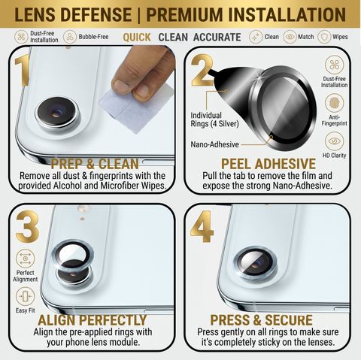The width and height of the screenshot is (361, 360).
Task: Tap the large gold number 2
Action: point(202,70)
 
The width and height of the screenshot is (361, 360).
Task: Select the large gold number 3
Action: point(28,226)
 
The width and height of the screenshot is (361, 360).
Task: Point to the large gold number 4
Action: point(202,226)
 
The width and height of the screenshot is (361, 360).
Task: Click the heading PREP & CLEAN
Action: point(95,164)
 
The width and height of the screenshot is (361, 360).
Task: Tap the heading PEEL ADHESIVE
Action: point(268,164)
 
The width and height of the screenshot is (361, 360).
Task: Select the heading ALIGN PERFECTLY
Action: point(93,320)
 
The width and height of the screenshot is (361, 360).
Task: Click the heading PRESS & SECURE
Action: point(261,320)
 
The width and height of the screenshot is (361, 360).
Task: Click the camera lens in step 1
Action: point(57,113)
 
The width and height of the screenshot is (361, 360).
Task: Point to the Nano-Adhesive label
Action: point(214,144)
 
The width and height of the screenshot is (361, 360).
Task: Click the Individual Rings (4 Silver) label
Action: point(214,119)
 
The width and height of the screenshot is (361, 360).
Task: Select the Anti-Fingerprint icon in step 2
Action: point(334,103)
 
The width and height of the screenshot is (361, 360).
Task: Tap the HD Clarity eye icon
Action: point(334,141)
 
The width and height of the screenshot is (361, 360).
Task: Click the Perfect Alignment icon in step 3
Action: point(26,259)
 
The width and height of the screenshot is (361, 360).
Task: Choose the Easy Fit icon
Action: point(26,297)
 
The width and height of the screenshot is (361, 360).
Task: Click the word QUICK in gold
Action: point(137,38)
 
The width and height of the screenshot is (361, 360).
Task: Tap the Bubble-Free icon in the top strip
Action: point(69,37)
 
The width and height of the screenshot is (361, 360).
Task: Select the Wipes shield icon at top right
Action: point(323,37)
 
